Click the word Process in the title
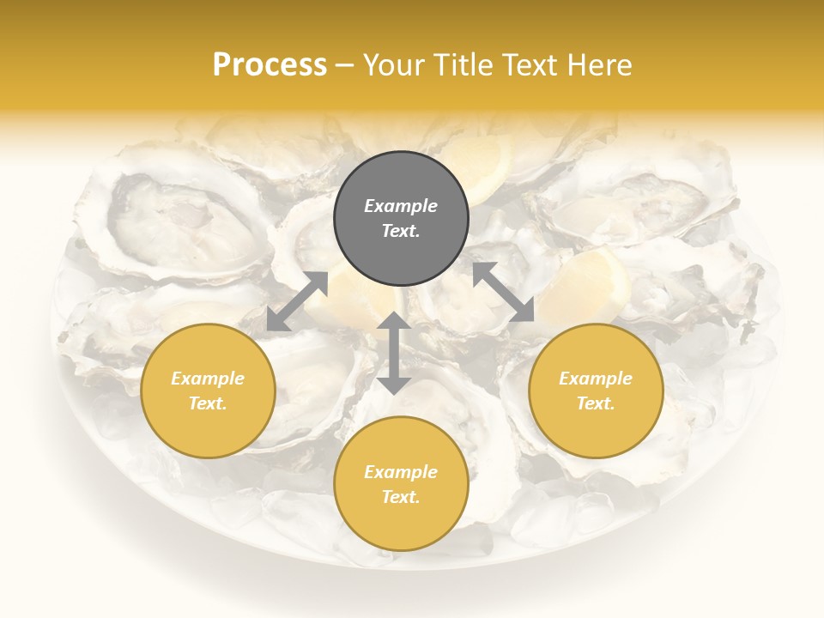(270, 65)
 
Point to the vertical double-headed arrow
(394, 354)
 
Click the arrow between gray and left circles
(297, 301)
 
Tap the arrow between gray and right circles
(503, 293)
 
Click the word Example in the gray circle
(401, 206)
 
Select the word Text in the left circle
(208, 403)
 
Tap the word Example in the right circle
(596, 379)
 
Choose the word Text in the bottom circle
(401, 497)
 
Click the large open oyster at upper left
(185, 219)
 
